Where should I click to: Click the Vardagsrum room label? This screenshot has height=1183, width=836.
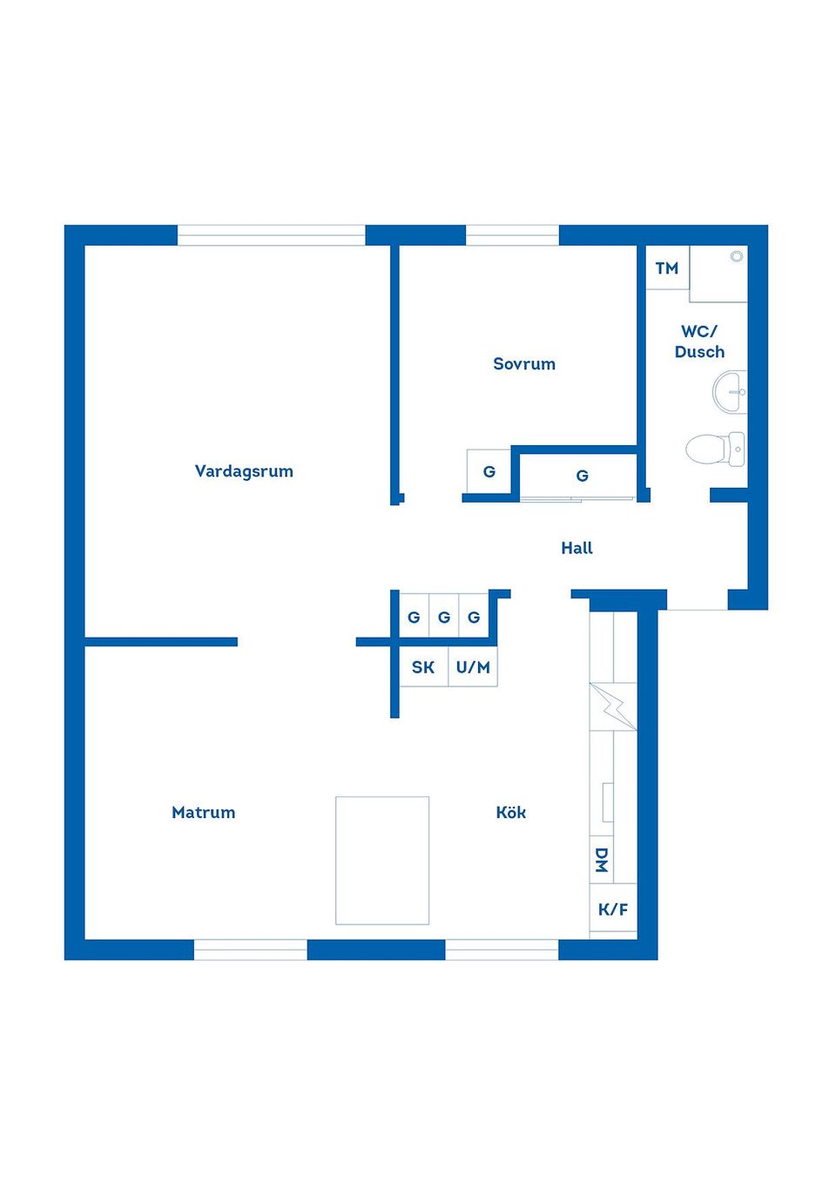click(x=244, y=471)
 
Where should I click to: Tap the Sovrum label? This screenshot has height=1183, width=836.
click(x=524, y=364)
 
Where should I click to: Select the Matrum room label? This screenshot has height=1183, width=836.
click(x=204, y=813)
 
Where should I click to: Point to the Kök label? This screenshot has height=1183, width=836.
click(x=511, y=813)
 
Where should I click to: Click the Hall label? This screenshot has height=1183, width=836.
click(x=576, y=548)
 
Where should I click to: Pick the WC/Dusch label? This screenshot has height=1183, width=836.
click(x=699, y=341)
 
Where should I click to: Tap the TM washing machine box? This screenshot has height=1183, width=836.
click(x=667, y=268)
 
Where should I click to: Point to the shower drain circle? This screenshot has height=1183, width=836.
click(x=737, y=256)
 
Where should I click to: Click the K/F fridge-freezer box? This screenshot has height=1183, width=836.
click(x=613, y=909)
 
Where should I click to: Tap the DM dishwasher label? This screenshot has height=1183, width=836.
click(x=601, y=860)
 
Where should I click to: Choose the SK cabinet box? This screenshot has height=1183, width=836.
click(x=423, y=667)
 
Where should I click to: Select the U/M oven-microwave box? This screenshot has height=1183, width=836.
click(x=473, y=667)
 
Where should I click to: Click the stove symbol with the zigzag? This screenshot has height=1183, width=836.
click(x=613, y=706)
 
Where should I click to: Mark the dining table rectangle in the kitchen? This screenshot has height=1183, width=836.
click(x=382, y=860)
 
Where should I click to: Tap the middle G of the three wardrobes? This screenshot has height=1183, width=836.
click(x=444, y=618)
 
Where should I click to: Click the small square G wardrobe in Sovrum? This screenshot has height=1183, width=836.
click(x=489, y=471)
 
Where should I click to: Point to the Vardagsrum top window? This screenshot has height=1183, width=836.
click(x=272, y=235)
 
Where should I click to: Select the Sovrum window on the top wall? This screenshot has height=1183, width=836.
click(x=512, y=235)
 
